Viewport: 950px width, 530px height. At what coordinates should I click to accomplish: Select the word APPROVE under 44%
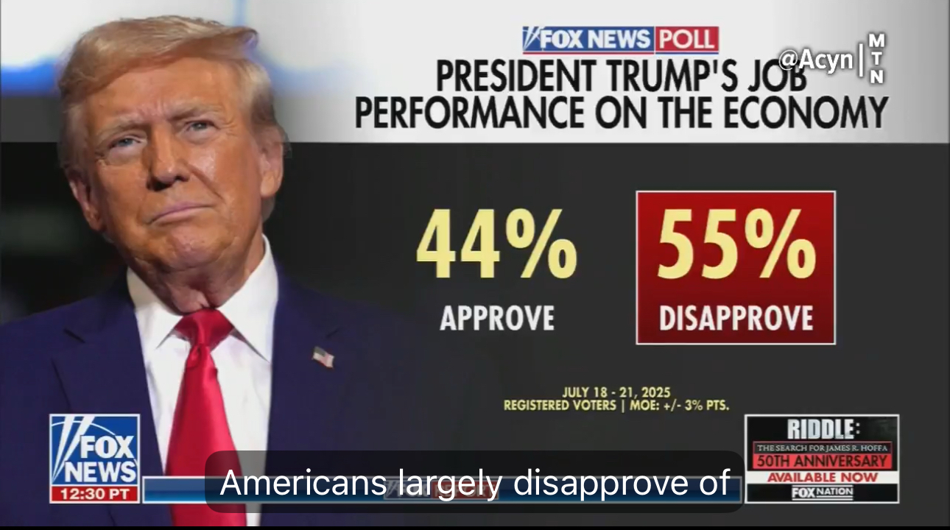[497, 317]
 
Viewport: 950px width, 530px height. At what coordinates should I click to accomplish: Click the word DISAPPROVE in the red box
[736, 317]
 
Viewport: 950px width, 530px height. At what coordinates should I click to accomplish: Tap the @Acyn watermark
[816, 60]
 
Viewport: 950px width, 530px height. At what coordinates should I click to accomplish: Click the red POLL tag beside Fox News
[686, 40]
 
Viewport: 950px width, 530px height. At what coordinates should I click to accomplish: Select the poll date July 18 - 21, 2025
[616, 393]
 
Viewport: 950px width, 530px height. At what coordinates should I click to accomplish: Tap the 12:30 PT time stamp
[94, 494]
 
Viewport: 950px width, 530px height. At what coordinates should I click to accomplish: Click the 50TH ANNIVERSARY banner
[822, 462]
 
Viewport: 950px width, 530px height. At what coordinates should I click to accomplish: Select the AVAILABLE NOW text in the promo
[822, 477]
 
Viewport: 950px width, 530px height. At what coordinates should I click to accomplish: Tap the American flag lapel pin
[323, 357]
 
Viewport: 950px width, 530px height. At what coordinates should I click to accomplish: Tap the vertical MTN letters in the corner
[876, 58]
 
